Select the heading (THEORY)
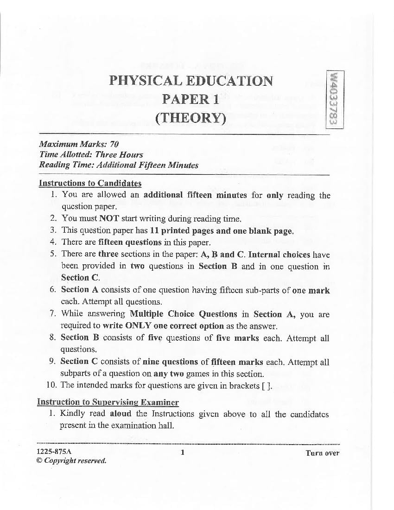click(191, 118)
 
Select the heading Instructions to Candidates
click(90, 183)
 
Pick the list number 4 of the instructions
click(53, 242)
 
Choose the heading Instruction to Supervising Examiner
click(108, 402)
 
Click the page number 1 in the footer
click(183, 453)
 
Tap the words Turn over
click(322, 453)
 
